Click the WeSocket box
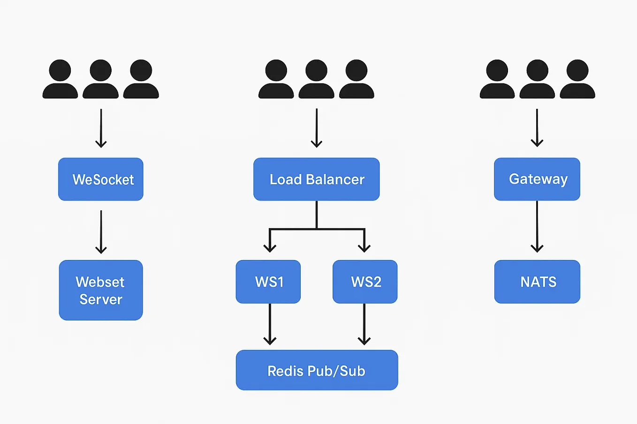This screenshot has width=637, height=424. pyautogui.click(x=101, y=179)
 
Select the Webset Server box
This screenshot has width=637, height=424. pyautogui.click(x=101, y=290)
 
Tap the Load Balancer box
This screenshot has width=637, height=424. pyautogui.click(x=317, y=179)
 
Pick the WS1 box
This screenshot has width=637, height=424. pyautogui.click(x=268, y=282)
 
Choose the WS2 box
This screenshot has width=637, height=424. pyautogui.click(x=365, y=282)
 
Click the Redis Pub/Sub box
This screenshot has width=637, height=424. pyautogui.click(x=317, y=370)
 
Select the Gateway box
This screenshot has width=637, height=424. pyautogui.click(x=537, y=179)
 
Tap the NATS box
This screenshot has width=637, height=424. pyautogui.click(x=537, y=282)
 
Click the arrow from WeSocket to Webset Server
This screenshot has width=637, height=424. pyautogui.click(x=101, y=231)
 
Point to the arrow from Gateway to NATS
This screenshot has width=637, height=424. pyautogui.click(x=537, y=227)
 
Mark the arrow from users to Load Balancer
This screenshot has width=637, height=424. pyautogui.click(x=317, y=127)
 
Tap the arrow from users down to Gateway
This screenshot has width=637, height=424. pyautogui.click(x=537, y=127)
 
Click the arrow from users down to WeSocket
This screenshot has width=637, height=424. pyautogui.click(x=101, y=127)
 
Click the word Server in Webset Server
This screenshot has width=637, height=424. pyautogui.click(x=101, y=299)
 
